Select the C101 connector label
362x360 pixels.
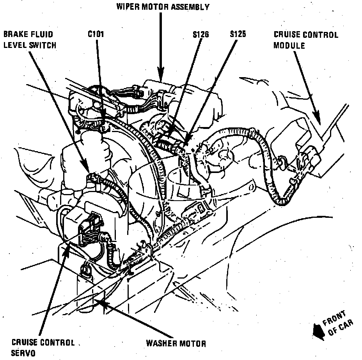pyautogui.click(x=96, y=34)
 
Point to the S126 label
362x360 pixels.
pyautogui.click(x=201, y=34)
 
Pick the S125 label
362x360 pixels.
pyautogui.click(x=237, y=34)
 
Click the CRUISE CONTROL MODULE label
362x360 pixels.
pyautogui.click(x=305, y=40)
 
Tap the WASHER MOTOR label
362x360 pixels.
pyautogui.click(x=176, y=343)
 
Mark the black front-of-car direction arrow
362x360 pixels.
pyautogui.click(x=316, y=331)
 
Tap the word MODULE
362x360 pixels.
pyautogui.click(x=289, y=45)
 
